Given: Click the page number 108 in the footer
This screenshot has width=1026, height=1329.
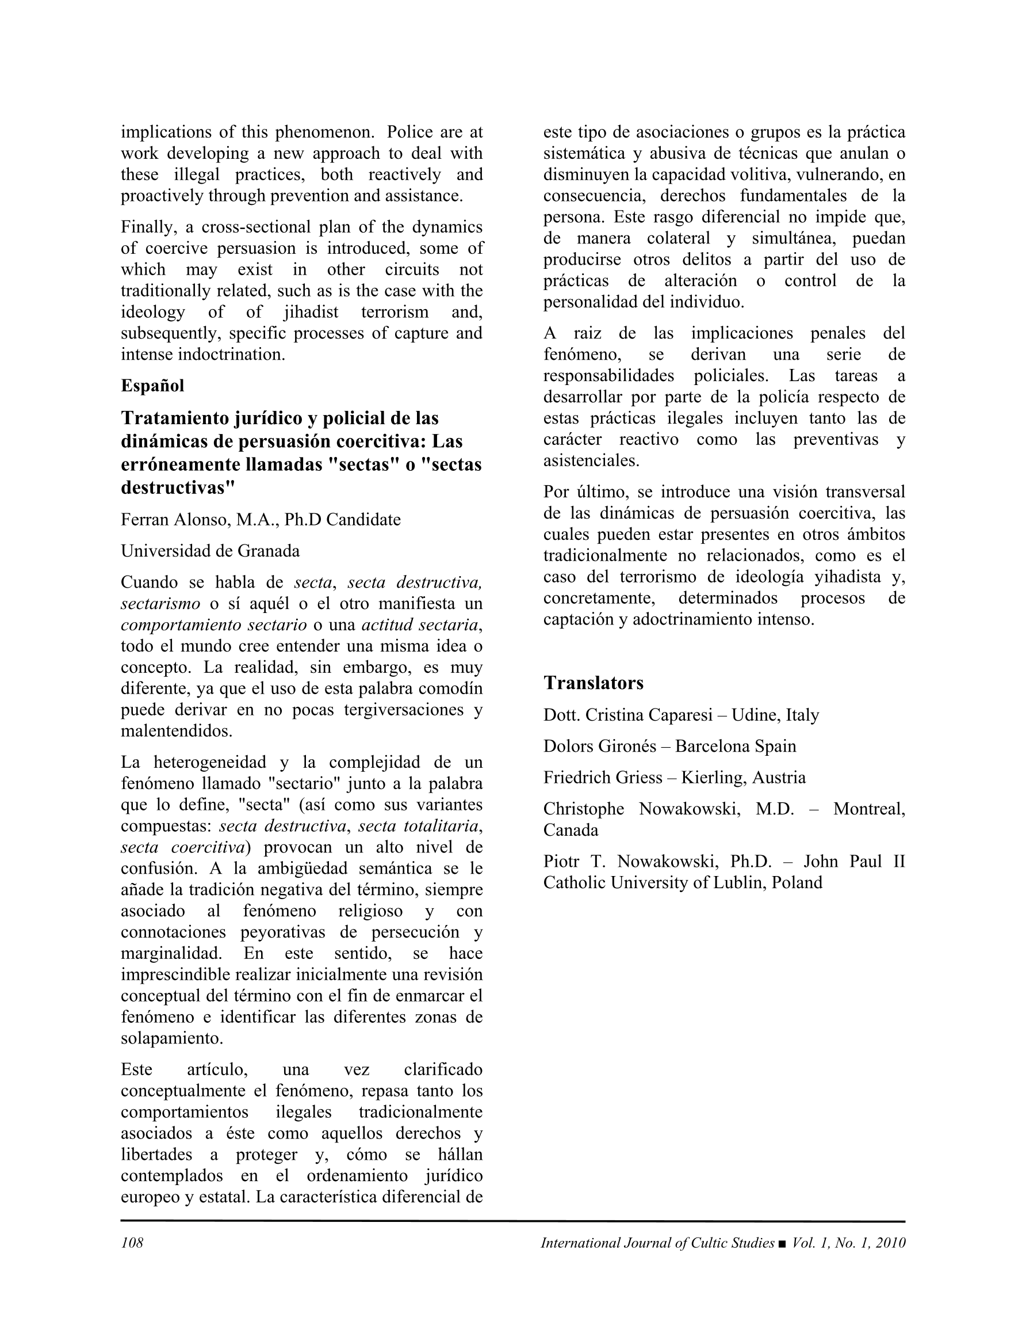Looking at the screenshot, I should tap(132, 1243).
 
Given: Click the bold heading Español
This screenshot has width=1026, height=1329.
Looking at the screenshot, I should tap(152, 386).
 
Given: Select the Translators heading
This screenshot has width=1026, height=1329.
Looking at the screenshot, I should tap(593, 683).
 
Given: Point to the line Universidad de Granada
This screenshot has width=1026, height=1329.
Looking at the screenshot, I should tap(210, 551).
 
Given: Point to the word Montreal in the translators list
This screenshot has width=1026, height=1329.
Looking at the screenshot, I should tap(868, 809).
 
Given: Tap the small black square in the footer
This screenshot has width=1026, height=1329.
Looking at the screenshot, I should tap(782, 1244).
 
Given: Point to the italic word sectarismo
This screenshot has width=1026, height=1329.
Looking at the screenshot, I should tap(160, 604).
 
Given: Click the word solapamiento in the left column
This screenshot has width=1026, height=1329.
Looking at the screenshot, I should tap(171, 1039).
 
